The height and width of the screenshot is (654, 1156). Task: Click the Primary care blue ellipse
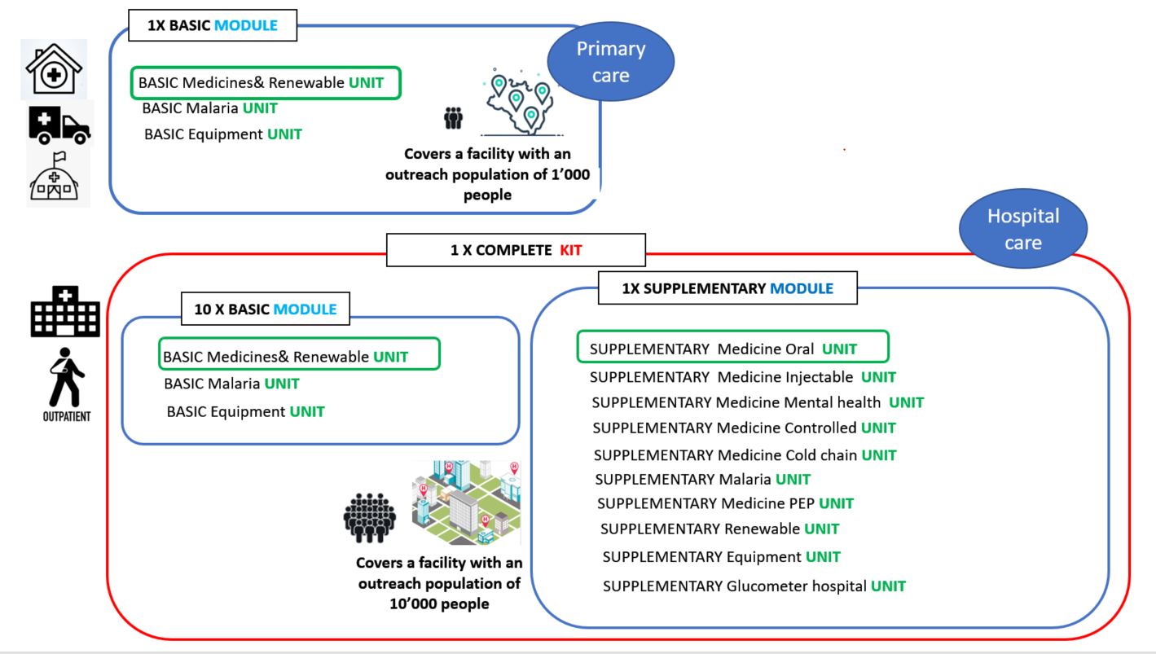(x=610, y=61)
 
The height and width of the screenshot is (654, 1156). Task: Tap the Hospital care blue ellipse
(x=1023, y=229)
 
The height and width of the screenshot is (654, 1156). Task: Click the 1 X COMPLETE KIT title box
(x=516, y=250)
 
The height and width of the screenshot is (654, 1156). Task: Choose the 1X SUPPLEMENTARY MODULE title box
(x=727, y=287)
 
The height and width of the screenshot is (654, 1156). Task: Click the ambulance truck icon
(x=59, y=125)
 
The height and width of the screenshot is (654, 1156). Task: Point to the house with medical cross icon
(x=55, y=69)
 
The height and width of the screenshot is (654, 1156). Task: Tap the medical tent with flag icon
(x=55, y=177)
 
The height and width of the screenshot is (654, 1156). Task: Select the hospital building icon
(x=65, y=312)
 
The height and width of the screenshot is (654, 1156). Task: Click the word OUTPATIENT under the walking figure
(x=67, y=416)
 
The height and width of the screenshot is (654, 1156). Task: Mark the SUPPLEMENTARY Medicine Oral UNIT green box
(x=733, y=347)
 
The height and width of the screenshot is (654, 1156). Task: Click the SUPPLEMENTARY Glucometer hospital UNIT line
(x=754, y=586)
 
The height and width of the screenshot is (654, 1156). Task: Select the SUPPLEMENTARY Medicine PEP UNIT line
(x=725, y=503)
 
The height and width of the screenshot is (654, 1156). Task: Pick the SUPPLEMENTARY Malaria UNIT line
(x=702, y=479)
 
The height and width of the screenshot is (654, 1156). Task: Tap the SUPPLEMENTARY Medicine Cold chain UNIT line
(x=745, y=455)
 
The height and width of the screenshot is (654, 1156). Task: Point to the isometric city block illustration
(x=466, y=503)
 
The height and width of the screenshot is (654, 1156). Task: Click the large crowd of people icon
(x=370, y=518)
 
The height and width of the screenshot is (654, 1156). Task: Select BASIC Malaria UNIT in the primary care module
(x=209, y=108)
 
